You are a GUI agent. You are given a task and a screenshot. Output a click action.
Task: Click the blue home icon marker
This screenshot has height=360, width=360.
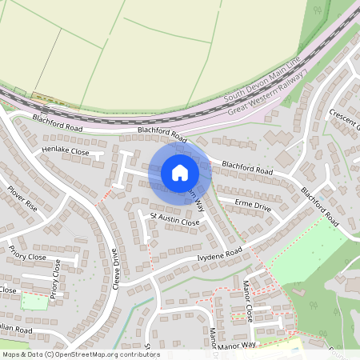point(180,173)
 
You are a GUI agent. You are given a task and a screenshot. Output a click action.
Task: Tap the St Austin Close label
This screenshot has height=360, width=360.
point(174,218)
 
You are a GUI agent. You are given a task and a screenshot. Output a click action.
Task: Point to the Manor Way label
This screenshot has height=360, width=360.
point(237,344)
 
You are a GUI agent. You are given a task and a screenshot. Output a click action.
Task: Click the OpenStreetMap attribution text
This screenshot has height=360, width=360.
point(80,354)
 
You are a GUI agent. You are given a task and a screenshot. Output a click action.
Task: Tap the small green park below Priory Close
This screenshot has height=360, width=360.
point(34,302)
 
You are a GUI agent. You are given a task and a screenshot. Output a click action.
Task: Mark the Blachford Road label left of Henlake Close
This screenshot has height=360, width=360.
point(58,122)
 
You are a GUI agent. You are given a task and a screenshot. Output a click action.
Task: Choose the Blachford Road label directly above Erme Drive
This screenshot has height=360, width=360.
point(247,168)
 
